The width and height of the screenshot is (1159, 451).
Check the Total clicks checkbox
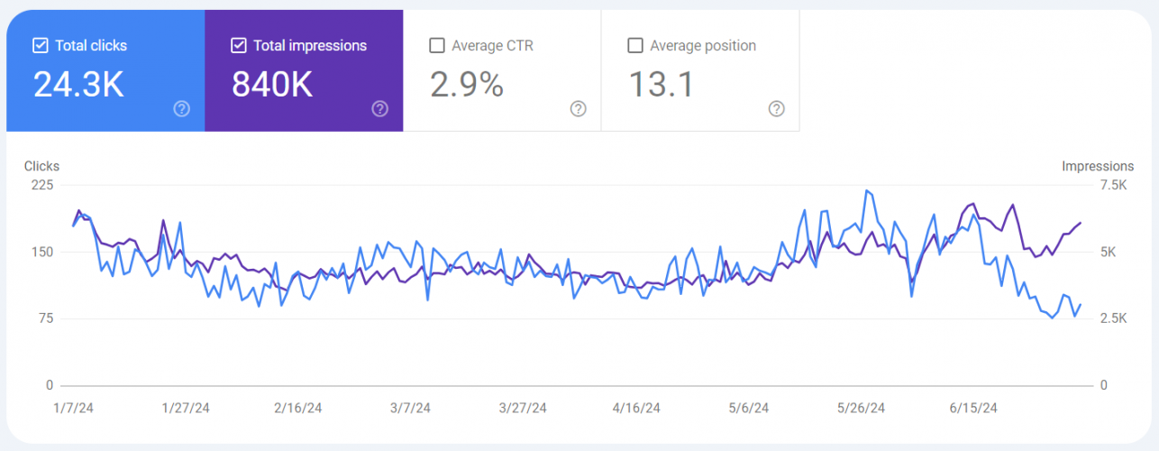point(40,45)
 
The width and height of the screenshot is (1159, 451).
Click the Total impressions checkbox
point(238,45)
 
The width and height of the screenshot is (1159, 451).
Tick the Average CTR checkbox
point(437,45)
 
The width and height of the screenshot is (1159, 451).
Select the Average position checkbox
point(635,45)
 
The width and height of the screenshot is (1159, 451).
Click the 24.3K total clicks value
point(78,84)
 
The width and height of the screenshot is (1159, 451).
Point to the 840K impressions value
point(272,84)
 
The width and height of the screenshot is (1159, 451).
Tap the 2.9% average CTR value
point(467,84)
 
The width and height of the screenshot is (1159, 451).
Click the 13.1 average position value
point(662,84)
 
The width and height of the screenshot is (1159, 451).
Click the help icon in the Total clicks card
point(182,109)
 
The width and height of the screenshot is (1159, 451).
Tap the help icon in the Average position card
point(777,109)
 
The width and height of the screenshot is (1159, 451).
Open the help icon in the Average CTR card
point(579,109)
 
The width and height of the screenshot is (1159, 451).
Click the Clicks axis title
point(41,166)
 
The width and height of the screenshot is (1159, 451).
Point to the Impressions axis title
point(1098,166)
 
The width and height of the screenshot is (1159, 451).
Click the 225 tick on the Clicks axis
point(43,185)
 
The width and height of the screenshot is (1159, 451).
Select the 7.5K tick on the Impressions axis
point(1111,185)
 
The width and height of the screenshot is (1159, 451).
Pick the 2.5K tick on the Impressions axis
point(1111,318)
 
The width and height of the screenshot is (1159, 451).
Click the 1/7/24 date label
point(74,408)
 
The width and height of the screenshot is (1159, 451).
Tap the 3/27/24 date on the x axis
point(524,408)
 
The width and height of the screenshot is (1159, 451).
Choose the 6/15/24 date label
point(974,408)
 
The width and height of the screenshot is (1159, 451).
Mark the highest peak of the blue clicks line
point(866,190)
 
